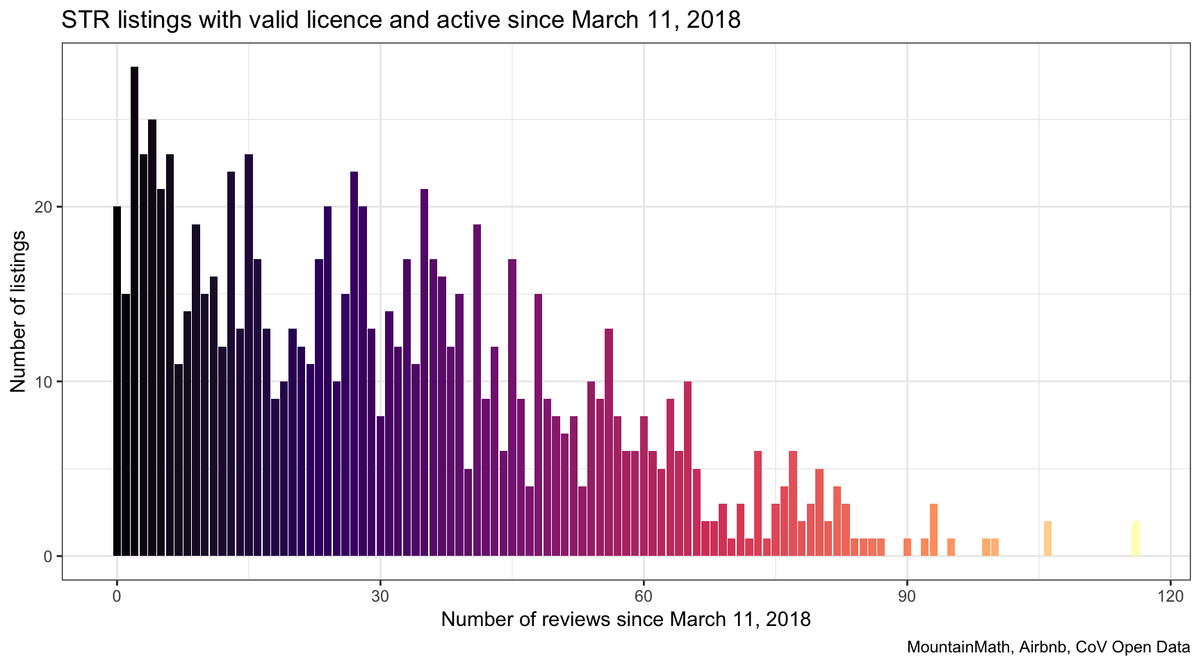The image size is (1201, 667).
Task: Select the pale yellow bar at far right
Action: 1135,538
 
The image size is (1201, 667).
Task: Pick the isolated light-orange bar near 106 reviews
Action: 1047,538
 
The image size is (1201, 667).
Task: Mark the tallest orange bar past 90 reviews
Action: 933,529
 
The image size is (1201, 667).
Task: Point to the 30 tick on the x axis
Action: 380,595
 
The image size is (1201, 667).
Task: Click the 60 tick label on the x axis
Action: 644,595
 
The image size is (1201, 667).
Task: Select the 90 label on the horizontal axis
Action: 907,595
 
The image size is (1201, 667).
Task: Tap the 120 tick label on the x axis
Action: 1170,595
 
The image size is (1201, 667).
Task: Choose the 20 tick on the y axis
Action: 47,207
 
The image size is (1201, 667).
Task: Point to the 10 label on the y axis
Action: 47,381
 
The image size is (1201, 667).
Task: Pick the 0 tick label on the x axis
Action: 117,595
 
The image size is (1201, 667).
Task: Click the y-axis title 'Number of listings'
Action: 19,311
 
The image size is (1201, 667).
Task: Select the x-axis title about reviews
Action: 626,619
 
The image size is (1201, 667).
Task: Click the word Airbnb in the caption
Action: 1043,648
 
